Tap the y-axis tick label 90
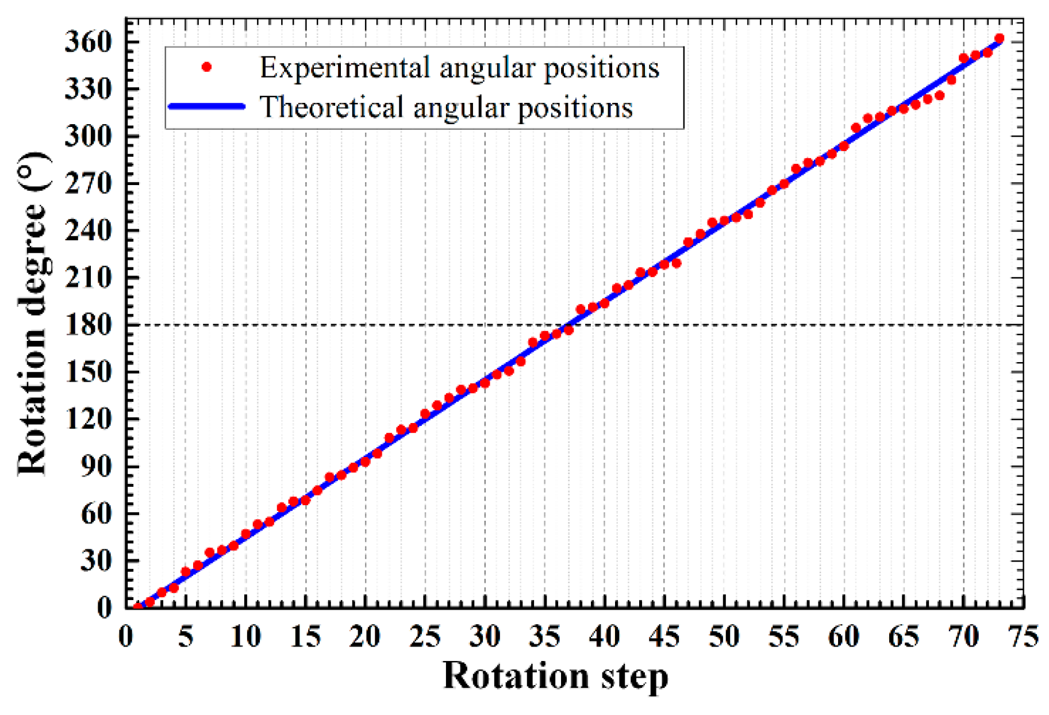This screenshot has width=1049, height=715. point(96,466)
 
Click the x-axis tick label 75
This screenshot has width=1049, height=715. point(1023,637)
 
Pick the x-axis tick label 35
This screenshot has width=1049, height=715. point(544,637)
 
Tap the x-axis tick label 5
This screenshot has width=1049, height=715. point(185,637)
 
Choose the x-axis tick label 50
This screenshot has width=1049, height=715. point(724,637)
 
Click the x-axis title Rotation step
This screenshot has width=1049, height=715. point(555,676)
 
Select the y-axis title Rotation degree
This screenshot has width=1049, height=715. point(32,313)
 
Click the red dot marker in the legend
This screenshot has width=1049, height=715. point(206,67)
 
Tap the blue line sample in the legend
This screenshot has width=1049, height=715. point(206,106)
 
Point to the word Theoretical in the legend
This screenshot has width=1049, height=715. point(332,107)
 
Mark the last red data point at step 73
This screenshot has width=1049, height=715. point(999,39)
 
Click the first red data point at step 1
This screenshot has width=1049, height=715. point(138,607)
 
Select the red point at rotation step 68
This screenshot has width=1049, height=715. point(939,95)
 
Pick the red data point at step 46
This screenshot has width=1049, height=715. point(676,263)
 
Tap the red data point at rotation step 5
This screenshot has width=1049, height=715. point(186,572)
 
